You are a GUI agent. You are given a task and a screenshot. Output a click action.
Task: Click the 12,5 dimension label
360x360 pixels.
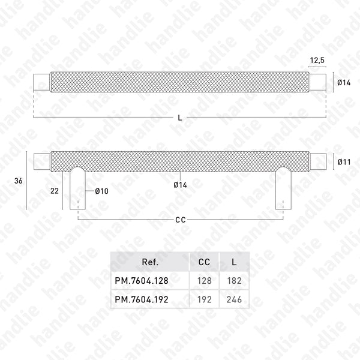point(318,59)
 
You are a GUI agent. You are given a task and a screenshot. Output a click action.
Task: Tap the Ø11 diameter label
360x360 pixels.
point(344,161)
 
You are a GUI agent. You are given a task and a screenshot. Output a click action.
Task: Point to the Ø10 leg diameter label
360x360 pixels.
point(101,191)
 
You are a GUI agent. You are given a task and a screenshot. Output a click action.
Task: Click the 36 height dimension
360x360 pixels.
point(18,180)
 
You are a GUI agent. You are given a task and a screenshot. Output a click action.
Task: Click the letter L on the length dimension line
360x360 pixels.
point(181,118)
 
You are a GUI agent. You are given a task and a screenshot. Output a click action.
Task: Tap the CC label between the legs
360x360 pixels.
point(180,220)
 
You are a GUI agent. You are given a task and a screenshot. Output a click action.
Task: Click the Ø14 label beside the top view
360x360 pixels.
point(344,82)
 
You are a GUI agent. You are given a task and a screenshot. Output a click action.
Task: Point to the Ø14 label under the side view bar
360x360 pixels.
point(180,185)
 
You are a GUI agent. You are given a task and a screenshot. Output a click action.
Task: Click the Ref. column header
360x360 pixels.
point(149,262)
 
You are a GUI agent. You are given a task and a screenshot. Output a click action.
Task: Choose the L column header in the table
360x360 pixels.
point(233,262)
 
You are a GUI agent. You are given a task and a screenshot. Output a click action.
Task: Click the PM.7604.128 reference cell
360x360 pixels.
point(149,280)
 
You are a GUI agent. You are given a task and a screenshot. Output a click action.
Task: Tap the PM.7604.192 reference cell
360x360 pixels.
point(149,298)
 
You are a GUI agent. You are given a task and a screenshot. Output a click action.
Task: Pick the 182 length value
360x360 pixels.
point(233,280)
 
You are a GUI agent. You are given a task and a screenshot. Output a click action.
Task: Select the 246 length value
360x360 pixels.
point(233,298)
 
